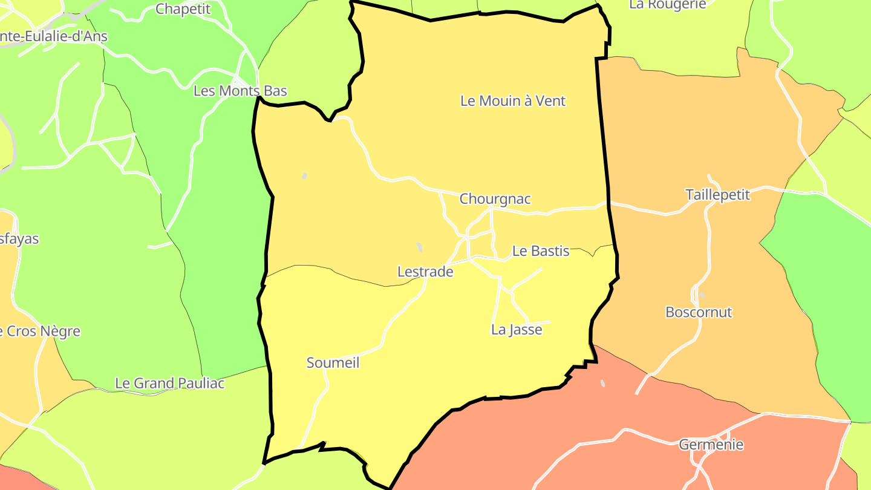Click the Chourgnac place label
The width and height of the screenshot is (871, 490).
(495, 199)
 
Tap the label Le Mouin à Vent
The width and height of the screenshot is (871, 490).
(512, 101)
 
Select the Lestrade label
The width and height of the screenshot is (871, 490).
(425, 272)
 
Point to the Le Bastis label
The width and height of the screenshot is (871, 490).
(541, 251)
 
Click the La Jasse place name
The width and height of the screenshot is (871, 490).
(517, 330)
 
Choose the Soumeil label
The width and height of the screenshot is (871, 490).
(333, 363)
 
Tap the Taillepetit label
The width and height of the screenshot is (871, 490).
(717, 195)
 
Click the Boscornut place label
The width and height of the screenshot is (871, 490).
(699, 313)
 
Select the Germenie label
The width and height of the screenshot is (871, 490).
(711, 445)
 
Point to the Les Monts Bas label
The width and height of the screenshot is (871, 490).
(240, 91)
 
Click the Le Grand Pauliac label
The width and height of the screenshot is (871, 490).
(170, 384)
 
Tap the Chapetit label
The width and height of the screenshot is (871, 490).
(183, 9)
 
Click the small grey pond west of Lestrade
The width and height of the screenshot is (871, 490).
(419, 247)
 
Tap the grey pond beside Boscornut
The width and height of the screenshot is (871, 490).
(702, 295)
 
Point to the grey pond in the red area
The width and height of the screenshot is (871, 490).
(602, 383)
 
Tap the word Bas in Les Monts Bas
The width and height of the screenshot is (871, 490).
(275, 91)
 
